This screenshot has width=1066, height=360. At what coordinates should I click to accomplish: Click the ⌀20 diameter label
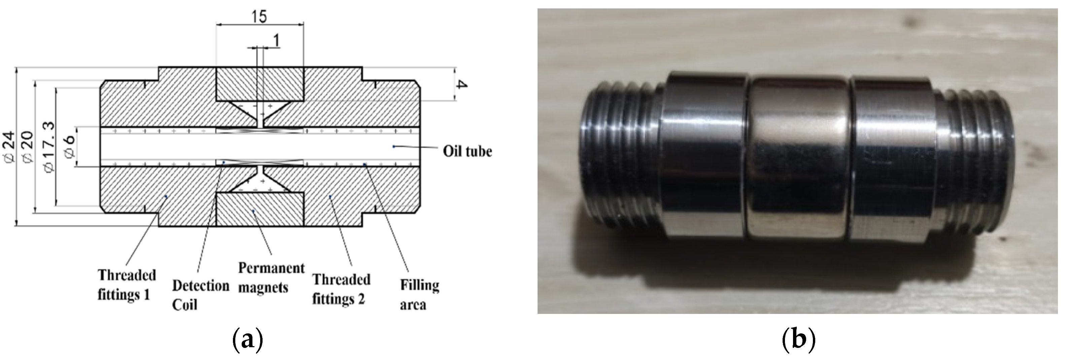[x=28, y=147]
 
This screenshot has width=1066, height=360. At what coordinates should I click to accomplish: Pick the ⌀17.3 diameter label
[x=49, y=147]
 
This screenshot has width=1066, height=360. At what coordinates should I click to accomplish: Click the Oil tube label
[x=467, y=151]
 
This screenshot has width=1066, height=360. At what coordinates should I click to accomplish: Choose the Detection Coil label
[x=200, y=295]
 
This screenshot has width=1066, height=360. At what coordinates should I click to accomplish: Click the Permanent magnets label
[x=271, y=278]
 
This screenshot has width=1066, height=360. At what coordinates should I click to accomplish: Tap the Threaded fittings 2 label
[x=341, y=289]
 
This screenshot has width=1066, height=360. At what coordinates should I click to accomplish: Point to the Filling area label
[x=419, y=295]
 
